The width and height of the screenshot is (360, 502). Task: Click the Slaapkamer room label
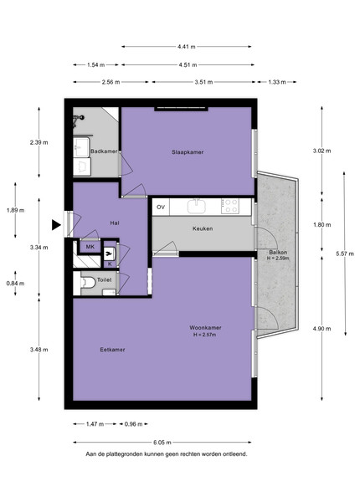(188, 152)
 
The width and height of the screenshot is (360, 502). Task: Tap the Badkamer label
(104, 151)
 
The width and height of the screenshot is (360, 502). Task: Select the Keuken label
(203, 228)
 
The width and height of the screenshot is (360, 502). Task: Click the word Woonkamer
(205, 327)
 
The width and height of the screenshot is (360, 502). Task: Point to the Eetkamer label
(112, 350)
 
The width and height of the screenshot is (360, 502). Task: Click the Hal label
(115, 223)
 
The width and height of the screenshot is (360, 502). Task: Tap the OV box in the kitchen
(161, 207)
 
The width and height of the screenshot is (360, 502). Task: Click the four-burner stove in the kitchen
(230, 206)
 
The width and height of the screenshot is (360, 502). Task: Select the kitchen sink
(197, 206)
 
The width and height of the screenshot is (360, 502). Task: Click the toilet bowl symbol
(88, 283)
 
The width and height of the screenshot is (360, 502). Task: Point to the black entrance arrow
(56, 225)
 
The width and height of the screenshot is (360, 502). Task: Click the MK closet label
(90, 247)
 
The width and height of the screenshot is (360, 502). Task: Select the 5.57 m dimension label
(345, 254)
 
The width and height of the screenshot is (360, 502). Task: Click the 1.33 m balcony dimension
(277, 82)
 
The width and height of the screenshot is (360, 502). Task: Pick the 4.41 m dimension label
(187, 47)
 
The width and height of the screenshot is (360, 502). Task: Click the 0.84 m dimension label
(15, 284)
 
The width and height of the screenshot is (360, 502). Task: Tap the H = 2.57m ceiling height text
(204, 335)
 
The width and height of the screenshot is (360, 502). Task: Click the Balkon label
(278, 253)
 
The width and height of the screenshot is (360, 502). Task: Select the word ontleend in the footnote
(237, 454)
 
